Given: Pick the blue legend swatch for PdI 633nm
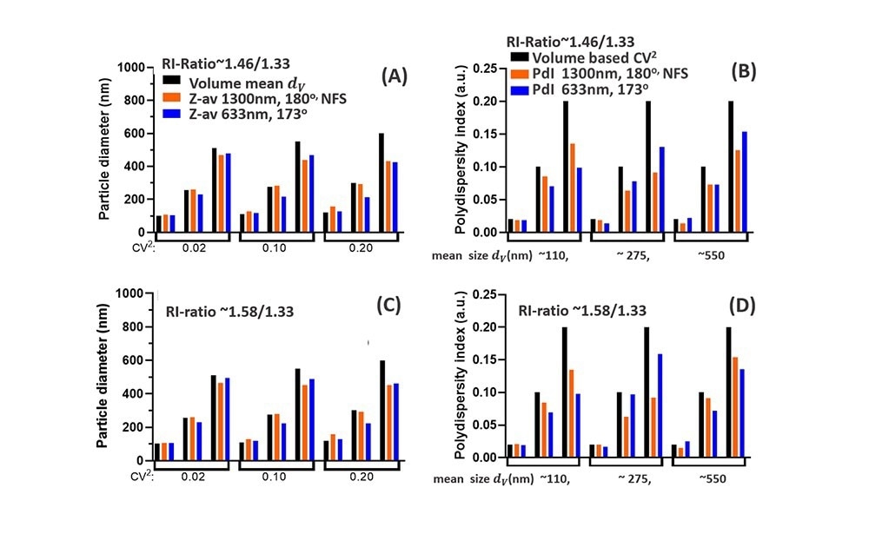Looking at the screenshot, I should click(517, 89).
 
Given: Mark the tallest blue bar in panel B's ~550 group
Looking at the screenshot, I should click(745, 181).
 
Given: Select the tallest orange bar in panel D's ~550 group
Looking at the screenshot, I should click(734, 408).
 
